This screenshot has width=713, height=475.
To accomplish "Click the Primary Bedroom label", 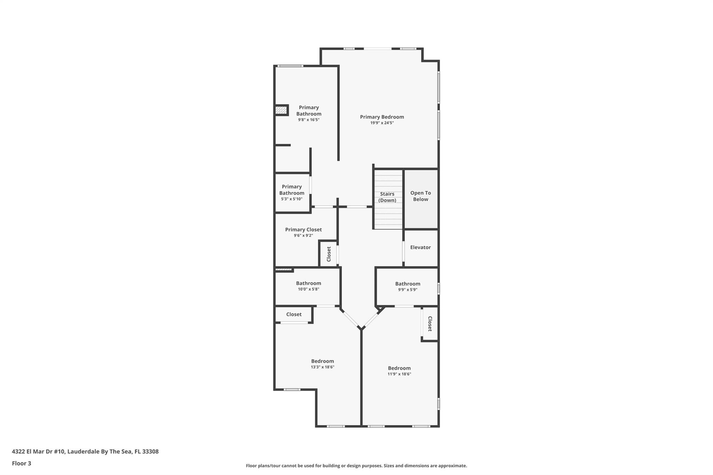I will coord(382,117).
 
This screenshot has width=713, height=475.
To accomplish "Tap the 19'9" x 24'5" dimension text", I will coord(382,123).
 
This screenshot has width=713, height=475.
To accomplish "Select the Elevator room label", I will coord(420,247).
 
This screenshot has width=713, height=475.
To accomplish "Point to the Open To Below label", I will coord(420,196).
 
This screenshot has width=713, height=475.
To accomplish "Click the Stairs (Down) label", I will coord(387,197).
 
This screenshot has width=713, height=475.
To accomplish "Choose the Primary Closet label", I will coord(303,230).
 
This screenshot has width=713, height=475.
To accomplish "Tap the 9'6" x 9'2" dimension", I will coord(303,236).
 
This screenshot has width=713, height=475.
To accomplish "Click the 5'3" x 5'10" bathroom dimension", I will coord(292,199).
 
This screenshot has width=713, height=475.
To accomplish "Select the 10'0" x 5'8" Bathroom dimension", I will coord(308,289).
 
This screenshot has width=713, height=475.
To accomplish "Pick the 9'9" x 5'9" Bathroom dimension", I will coord(407,290).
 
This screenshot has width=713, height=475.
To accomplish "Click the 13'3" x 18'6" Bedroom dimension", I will coord(322,367).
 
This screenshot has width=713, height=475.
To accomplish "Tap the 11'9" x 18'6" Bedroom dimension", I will coord(399,374).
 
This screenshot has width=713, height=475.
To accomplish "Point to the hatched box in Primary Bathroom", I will coord(281,110).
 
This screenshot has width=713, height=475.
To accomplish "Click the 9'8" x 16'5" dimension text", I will coord(308,120).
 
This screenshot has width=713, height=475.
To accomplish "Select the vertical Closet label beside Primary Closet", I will coord(329,254).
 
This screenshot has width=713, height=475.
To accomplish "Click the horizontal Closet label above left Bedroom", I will coord(294,314).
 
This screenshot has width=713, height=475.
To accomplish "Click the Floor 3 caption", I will coord(22,463).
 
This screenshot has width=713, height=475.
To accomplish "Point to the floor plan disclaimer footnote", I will coord(356,466).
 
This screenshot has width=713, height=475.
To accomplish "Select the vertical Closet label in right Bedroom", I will coord(430,324).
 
